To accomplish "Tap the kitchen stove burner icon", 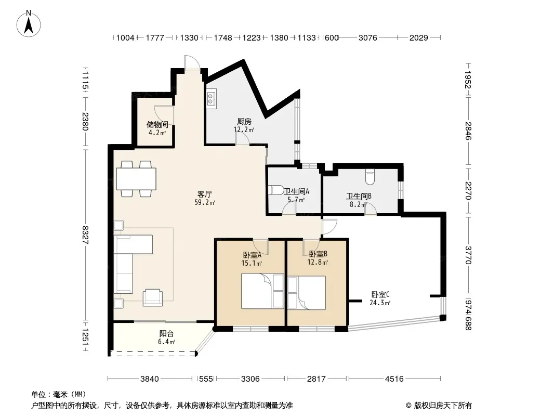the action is (x=212, y=99).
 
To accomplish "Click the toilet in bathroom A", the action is (x=276, y=190).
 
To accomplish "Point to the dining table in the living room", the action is (x=136, y=179).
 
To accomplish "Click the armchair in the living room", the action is (x=153, y=297).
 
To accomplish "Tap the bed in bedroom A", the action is (x=262, y=291).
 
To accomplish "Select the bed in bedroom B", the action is (x=306, y=293).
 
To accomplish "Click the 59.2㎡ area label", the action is (x=205, y=202).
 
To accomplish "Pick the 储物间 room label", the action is (x=157, y=124).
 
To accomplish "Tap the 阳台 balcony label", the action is (x=166, y=334).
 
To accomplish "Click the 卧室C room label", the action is (x=380, y=294).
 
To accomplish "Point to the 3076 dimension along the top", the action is (x=368, y=37).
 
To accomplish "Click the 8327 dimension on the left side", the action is (x=85, y=235).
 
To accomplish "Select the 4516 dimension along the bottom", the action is (x=394, y=379).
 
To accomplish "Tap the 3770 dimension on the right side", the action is (x=468, y=255).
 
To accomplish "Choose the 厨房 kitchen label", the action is (x=244, y=122).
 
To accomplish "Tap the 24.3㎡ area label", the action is (x=380, y=303).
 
